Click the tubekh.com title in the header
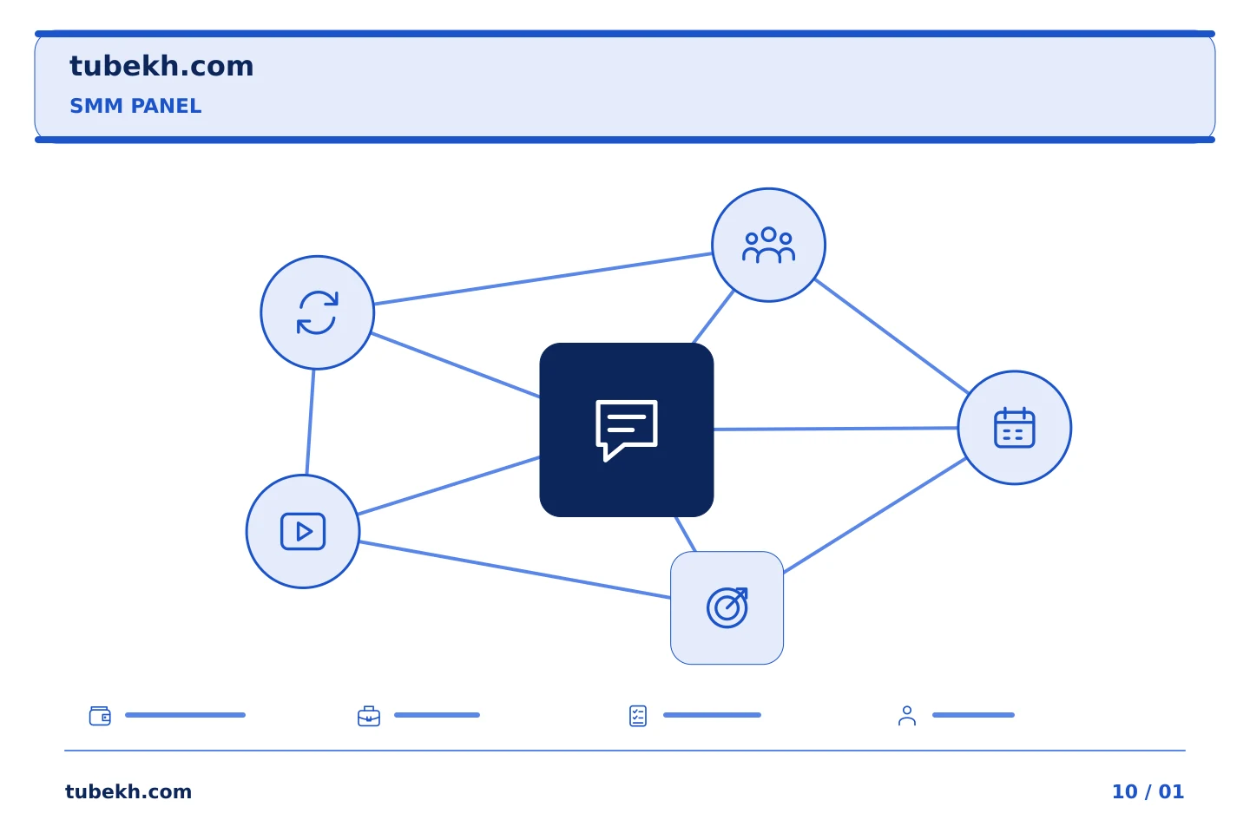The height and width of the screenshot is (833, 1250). point(161,67)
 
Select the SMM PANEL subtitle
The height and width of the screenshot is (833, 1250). point(135,106)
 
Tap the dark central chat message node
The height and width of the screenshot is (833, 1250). point(626,430)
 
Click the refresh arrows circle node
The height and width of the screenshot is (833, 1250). point(318,312)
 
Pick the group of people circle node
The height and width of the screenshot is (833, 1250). point(768,245)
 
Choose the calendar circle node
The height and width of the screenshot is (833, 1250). point(1015,428)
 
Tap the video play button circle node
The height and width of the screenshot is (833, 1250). point(303,531)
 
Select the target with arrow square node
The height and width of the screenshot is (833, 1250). point(727,607)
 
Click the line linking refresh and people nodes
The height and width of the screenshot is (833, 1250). point(543,279)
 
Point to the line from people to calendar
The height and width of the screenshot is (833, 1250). point(891,337)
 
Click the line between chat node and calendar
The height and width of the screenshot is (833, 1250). point(835,429)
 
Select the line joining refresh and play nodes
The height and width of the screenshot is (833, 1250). point(310,422)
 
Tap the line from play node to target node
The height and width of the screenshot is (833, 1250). point(515,570)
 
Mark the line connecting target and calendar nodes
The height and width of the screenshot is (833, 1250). point(874,516)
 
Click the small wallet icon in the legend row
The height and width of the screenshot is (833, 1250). point(100,715)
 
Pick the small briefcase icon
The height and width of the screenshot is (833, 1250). point(369,716)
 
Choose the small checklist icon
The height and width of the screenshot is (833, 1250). point(638,716)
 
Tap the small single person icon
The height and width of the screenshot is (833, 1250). point(907,716)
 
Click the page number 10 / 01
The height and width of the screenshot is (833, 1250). point(1148,791)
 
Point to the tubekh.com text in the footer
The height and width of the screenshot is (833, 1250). point(128,791)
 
